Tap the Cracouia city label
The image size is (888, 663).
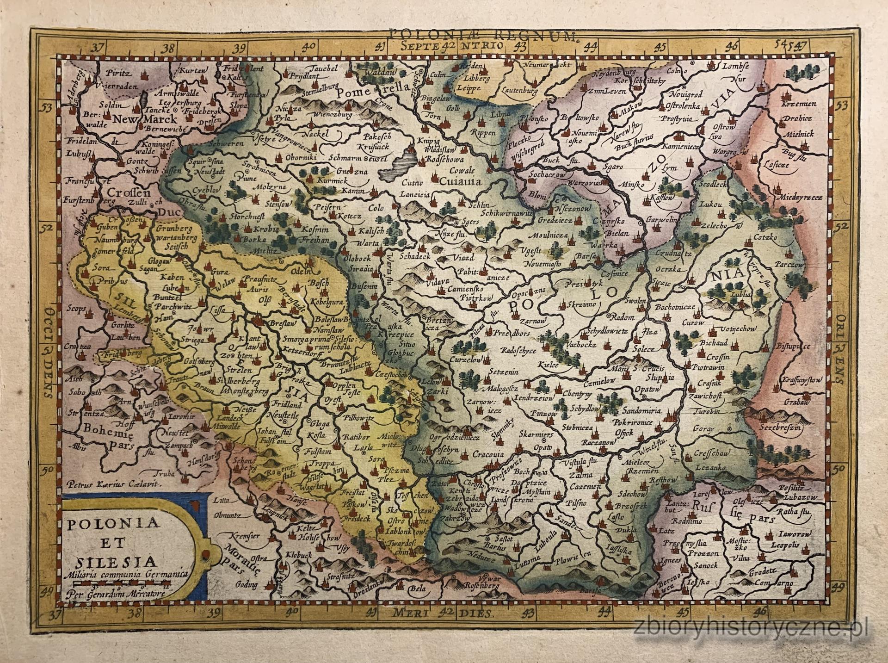[488, 454]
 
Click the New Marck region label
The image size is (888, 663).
[139, 119]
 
